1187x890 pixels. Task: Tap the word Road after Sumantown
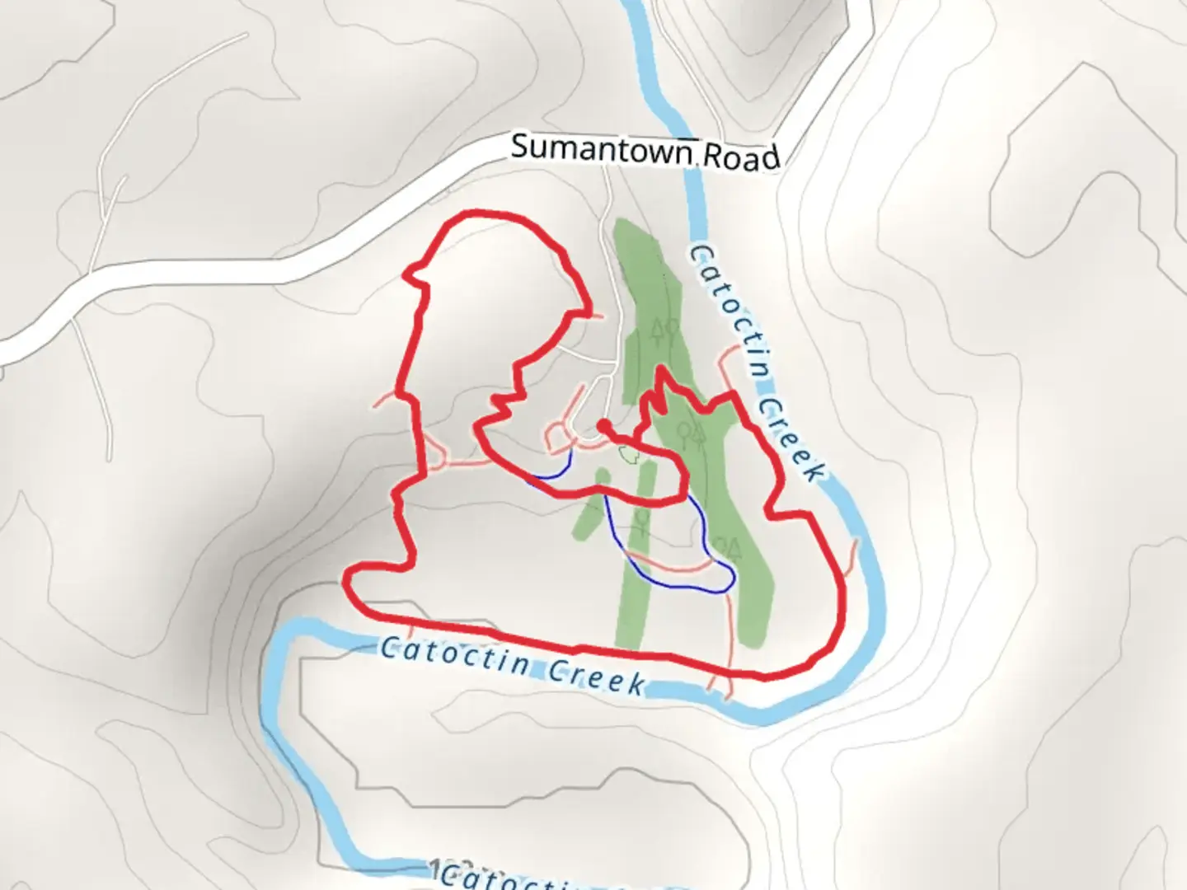(x=740, y=157)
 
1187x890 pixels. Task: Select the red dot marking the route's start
(x=603, y=425)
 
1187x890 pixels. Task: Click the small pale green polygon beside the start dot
(x=629, y=454)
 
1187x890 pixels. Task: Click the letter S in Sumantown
(x=519, y=147)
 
